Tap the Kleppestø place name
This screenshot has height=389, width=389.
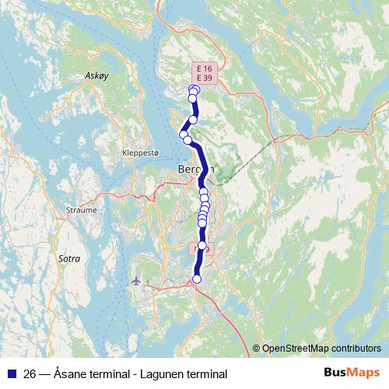[140, 153]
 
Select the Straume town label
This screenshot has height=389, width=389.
[82, 210]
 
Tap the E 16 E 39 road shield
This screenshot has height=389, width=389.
[205, 74]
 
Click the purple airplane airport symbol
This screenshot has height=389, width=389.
[138, 280]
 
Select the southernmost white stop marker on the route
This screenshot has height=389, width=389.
[196, 279]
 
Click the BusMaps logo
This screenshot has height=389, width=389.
[352, 373]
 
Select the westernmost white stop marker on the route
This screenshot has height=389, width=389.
[184, 135]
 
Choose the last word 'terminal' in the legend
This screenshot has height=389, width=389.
[198, 373]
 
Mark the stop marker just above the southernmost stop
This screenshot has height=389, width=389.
[202, 246]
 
